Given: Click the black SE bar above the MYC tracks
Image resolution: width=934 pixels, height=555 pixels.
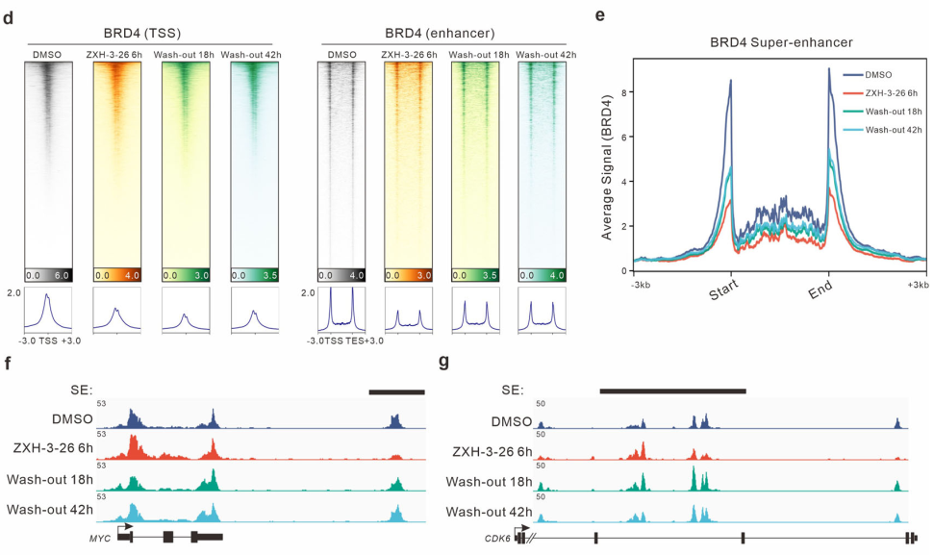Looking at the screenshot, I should click(x=396, y=391).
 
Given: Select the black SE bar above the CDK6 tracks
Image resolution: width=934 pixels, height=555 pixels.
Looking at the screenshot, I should click(x=672, y=391).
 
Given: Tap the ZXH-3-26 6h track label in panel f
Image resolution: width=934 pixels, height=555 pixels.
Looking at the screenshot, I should click(x=53, y=448).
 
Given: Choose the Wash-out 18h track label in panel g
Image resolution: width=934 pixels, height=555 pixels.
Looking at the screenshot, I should click(x=491, y=479).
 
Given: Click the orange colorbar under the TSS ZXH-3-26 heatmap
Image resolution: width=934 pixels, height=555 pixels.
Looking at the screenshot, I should click(x=116, y=273).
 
